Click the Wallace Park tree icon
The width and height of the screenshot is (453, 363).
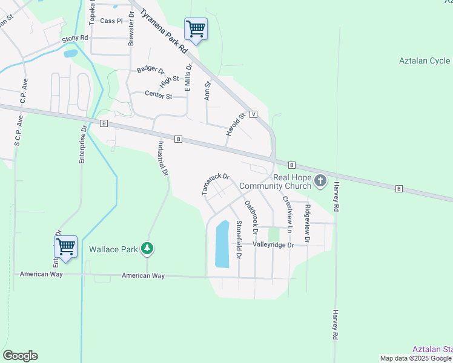pyautogui.click(x=147, y=248)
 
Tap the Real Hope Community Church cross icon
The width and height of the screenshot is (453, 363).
pyautogui.click(x=321, y=180)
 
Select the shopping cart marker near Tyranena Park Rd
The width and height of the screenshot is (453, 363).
pyautogui.click(x=196, y=28)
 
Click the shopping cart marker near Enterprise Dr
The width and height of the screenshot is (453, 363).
pyautogui.click(x=65, y=247)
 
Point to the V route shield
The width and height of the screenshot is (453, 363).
pyautogui.click(x=253, y=114)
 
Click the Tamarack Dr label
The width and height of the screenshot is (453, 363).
pyautogui.click(x=216, y=185)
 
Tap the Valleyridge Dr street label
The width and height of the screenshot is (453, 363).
pyautogui.click(x=273, y=245)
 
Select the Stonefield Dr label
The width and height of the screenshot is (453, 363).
pyautogui.click(x=239, y=240)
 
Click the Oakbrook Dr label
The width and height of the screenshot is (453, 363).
pyautogui.click(x=251, y=218)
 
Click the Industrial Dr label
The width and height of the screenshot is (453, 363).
pyautogui.click(x=163, y=159)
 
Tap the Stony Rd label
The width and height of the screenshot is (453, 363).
pyautogui.click(x=75, y=38)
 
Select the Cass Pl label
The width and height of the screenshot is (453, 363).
pyautogui.click(x=111, y=21)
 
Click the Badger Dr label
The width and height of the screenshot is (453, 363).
pyautogui.click(x=150, y=70)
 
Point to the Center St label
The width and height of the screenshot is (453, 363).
pyautogui.click(x=158, y=96)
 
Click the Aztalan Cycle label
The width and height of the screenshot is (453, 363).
pyautogui.click(x=425, y=60)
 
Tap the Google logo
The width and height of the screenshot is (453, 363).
pyautogui.click(x=20, y=356)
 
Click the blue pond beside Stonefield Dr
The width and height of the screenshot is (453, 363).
pyautogui.click(x=222, y=244)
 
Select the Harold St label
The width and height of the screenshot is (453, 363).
pyautogui.click(x=236, y=124)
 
